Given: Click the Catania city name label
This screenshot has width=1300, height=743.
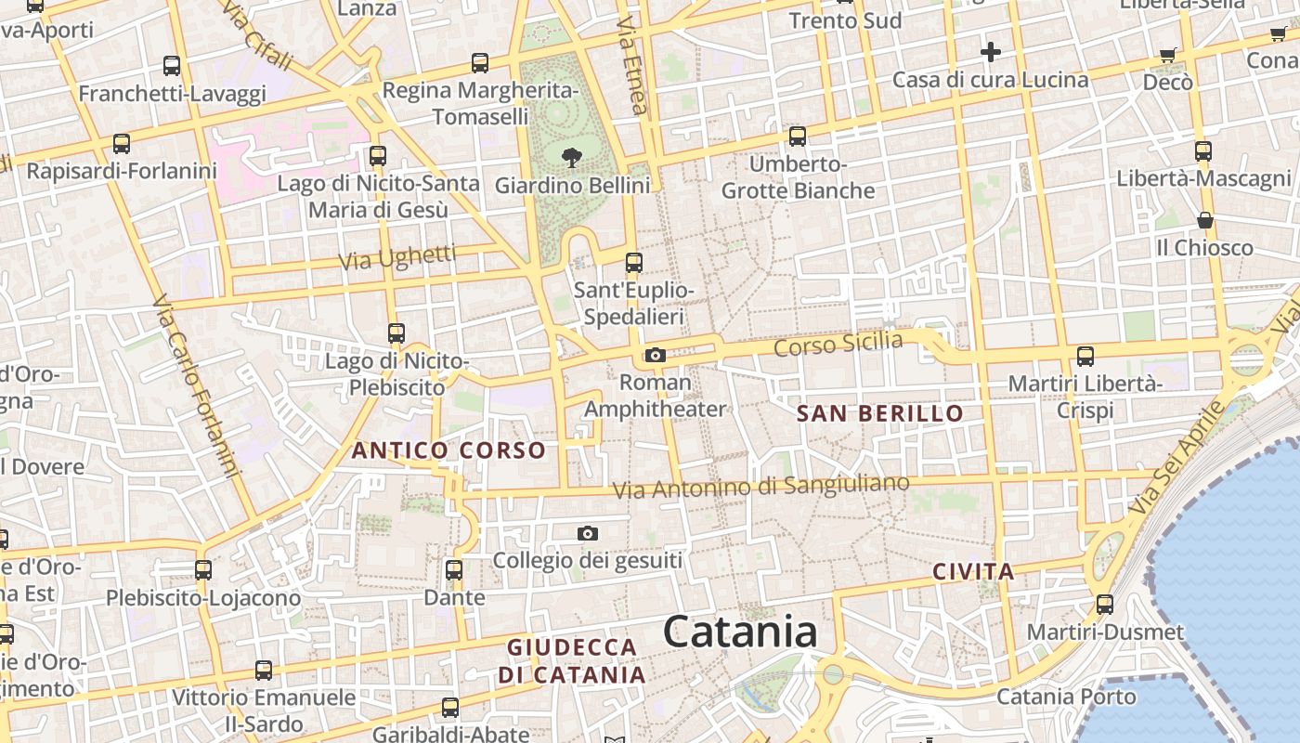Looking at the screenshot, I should tap(740, 632).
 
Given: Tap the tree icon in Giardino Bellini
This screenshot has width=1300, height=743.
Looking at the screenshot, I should tap(572, 156).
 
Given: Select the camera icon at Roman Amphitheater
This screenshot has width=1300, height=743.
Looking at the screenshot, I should tap(656, 355).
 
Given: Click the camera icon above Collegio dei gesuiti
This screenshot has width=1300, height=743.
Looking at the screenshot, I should tap(587, 533).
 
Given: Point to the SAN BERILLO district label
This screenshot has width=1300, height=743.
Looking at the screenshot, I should tap(880, 413).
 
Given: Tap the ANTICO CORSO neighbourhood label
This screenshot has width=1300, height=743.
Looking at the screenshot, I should tap(448, 450).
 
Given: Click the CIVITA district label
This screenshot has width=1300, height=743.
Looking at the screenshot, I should tap(973, 571).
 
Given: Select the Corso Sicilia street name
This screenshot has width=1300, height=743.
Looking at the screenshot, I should tap(838, 344).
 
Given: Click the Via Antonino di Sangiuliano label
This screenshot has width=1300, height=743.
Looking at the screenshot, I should tap(760, 486).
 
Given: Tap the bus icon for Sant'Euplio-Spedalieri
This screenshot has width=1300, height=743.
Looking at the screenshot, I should tap(634, 263).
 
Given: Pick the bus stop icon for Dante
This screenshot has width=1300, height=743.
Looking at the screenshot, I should tap(454, 569).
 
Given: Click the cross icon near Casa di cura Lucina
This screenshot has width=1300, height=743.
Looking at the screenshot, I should tap(991, 51).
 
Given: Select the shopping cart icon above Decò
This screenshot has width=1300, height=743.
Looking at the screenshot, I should tap(1168, 55).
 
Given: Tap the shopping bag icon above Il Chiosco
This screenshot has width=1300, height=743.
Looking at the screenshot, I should tap(1204, 220).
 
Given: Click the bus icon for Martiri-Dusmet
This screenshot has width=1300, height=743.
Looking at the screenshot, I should tap(1105, 605).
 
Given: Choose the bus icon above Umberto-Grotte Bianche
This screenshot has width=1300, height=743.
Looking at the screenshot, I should tap(797, 137).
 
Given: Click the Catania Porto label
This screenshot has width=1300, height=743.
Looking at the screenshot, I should tap(1066, 696).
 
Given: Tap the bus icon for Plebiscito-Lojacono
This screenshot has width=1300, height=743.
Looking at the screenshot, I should tap(203, 570).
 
